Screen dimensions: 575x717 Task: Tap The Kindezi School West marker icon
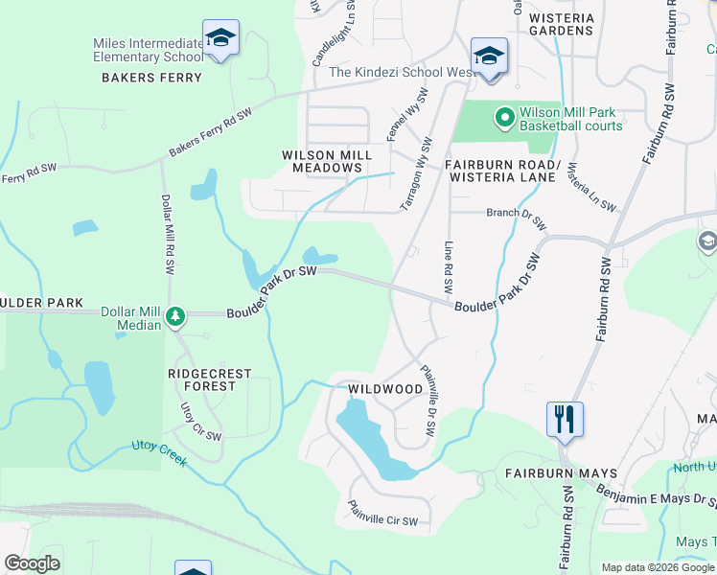pyautogui.click(x=489, y=57)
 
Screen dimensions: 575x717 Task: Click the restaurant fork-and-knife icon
pyautogui.click(x=565, y=419)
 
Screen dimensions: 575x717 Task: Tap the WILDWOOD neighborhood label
pyautogui.click(x=385, y=389)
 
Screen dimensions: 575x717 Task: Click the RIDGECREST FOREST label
pyautogui.click(x=209, y=379)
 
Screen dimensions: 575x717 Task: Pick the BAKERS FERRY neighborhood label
pyautogui.click(x=152, y=78)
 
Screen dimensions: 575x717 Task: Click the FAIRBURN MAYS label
pyautogui.click(x=561, y=473)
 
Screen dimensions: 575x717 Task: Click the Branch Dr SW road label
pyautogui.click(x=517, y=218)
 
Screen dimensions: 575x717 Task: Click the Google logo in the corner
pyautogui.click(x=32, y=563)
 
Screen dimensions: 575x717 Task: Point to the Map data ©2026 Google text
pyautogui.click(x=658, y=567)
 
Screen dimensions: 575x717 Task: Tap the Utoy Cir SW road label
pyautogui.click(x=201, y=422)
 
